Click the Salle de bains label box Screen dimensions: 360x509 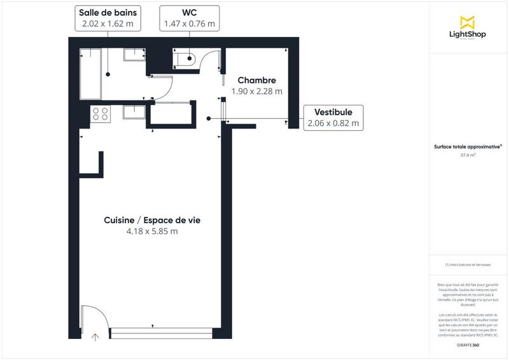[x=108, y=18]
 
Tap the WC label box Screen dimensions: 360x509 [x=190, y=18]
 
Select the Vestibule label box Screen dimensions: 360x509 [x=333, y=118]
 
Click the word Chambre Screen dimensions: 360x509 [x=256, y=81]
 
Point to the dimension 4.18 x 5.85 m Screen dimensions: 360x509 [x=152, y=232]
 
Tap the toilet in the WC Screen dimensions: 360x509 [x=186, y=59]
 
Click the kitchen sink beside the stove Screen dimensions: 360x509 [x=134, y=113]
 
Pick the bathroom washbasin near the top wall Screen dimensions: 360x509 [x=134, y=55]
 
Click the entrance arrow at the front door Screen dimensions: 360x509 [x=95, y=336]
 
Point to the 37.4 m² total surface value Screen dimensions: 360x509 [x=468, y=154]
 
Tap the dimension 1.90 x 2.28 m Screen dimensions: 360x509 [x=256, y=92]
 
